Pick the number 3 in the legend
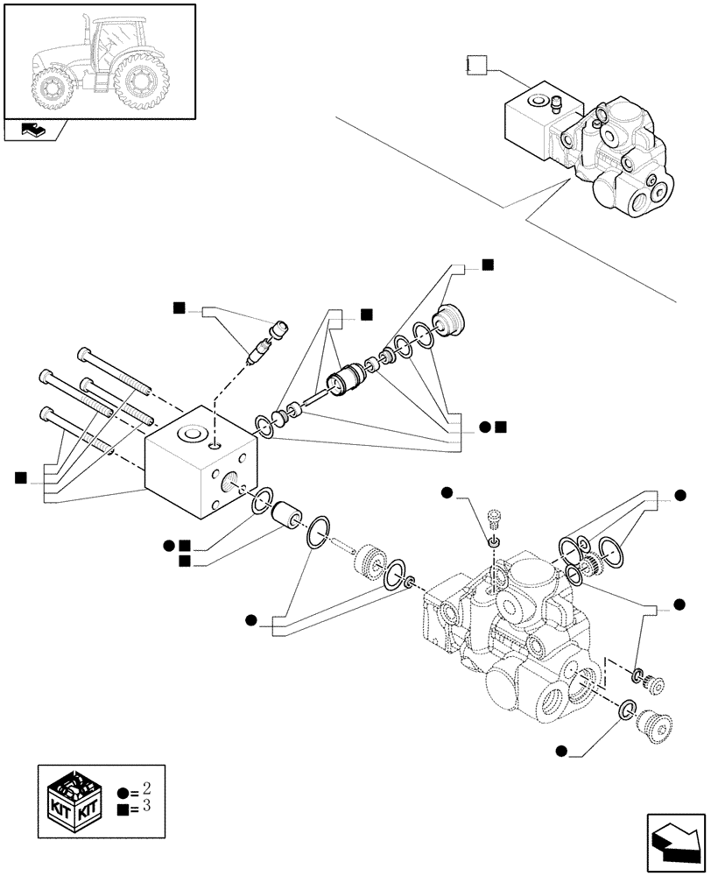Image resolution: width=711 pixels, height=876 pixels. [x=145, y=805]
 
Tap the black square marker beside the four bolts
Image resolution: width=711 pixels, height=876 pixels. [x=21, y=477]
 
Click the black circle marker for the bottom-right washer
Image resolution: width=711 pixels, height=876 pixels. [x=560, y=750]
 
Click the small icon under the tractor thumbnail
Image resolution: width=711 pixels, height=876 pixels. [x=35, y=131]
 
